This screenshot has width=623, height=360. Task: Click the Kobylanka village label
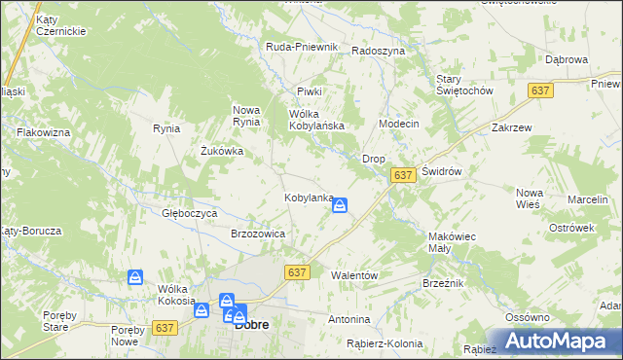(308, 198)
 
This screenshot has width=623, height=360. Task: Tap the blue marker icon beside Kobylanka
(341, 205)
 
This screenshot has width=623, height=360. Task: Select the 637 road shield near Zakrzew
(542, 90)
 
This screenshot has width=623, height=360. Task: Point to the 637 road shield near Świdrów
(404, 174)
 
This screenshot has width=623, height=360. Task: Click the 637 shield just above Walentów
(298, 273)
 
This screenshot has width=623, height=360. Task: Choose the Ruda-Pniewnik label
(302, 47)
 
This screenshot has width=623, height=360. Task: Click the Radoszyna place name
(378, 51)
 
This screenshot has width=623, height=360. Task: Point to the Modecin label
(398, 125)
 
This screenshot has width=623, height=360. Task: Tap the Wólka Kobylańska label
(317, 120)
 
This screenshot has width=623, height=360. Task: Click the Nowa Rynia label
(245, 115)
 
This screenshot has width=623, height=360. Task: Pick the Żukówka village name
(221, 151)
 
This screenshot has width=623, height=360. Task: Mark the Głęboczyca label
(189, 212)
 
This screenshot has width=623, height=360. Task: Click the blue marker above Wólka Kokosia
(135, 278)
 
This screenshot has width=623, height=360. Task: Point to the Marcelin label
(587, 199)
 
